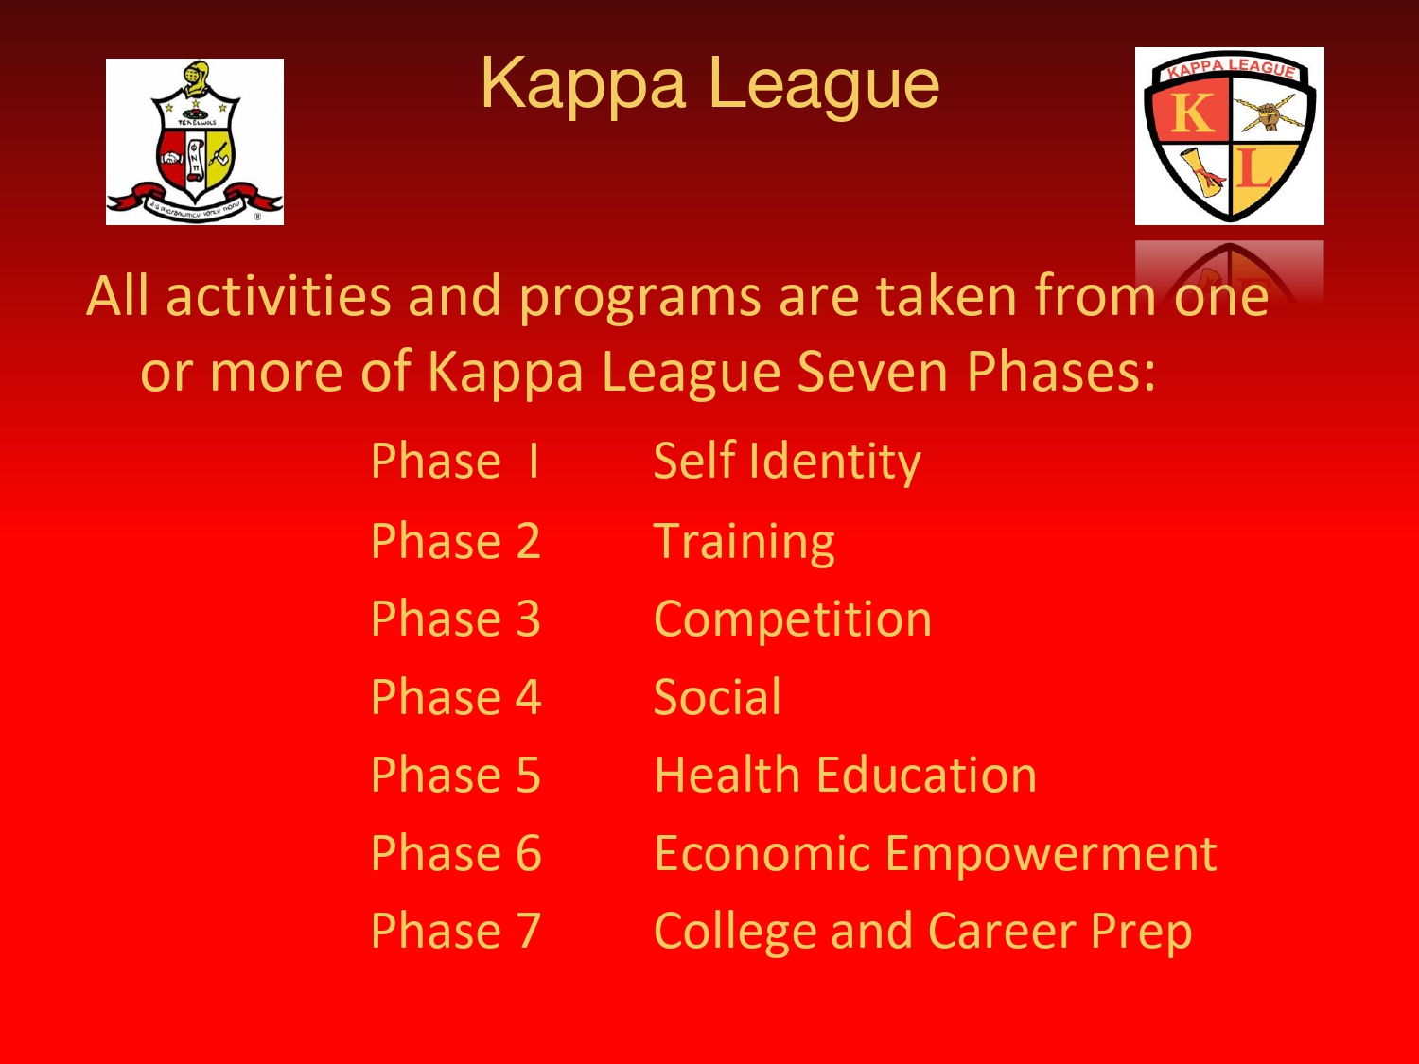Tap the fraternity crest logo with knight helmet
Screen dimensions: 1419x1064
[x=195, y=142]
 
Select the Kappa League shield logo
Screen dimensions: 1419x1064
[x=1229, y=135]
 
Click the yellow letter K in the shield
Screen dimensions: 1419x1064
[x=1192, y=113]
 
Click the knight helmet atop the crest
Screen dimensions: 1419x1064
[x=197, y=78]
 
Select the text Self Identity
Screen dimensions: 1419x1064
[x=787, y=462]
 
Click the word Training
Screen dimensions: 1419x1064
[x=745, y=542]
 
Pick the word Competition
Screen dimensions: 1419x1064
[x=793, y=619]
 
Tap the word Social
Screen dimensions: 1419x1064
[x=717, y=697]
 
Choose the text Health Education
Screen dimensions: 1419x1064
[x=845, y=775]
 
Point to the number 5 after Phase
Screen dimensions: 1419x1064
[x=528, y=775]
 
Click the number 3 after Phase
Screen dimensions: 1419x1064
[x=528, y=619]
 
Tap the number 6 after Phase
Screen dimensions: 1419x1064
[x=528, y=853]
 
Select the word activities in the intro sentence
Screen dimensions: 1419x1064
[x=279, y=296]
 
